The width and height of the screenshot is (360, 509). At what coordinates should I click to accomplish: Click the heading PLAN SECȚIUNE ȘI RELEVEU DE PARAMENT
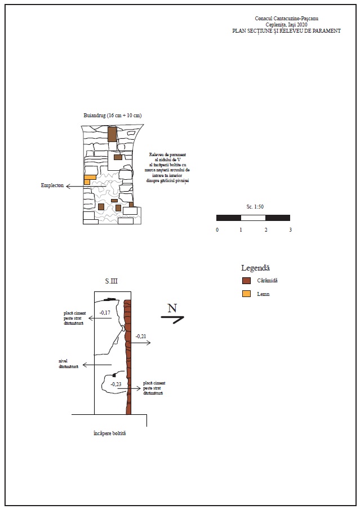pos(286,32)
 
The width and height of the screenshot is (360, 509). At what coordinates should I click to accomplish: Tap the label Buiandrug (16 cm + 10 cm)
pos(112,115)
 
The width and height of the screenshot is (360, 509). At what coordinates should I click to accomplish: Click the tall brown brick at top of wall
pos(112,134)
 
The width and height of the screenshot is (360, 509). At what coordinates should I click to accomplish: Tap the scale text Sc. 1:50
pos(255,207)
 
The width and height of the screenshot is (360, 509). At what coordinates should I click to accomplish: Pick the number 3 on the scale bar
pos(290,230)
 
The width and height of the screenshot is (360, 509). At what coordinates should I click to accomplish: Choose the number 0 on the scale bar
pos(217,230)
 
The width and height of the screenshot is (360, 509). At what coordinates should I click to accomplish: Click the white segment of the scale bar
pos(253,218)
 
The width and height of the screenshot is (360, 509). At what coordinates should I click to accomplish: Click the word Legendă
pos(256,268)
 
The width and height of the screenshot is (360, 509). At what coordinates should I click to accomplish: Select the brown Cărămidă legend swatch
pos(246,281)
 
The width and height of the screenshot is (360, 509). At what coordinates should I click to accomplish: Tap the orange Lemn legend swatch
pos(246,294)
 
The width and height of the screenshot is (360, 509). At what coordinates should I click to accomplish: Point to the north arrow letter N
pos(172,308)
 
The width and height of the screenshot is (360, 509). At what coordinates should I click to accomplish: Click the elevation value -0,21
pos(141,337)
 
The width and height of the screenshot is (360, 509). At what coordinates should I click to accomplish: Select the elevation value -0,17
pos(105,312)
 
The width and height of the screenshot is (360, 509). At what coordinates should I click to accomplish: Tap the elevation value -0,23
pos(116,384)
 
